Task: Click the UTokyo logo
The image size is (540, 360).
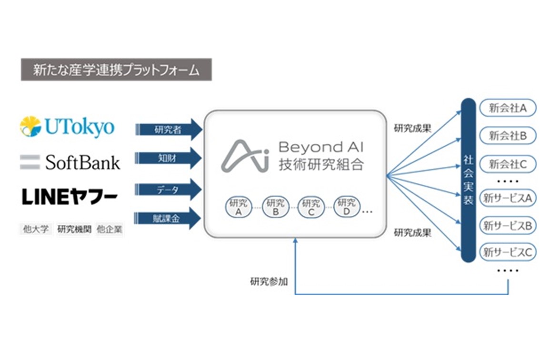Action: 67,127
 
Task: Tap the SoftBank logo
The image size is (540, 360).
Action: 70,162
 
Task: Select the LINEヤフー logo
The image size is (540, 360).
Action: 70,197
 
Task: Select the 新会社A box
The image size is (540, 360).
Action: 507,108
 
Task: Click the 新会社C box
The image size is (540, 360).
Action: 507,165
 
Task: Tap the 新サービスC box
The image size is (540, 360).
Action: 507,253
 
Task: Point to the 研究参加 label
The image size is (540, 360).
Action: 269,281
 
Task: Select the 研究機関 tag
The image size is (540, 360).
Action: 74,230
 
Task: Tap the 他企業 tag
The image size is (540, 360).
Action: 109,230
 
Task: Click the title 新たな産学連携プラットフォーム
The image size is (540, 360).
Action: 116,70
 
